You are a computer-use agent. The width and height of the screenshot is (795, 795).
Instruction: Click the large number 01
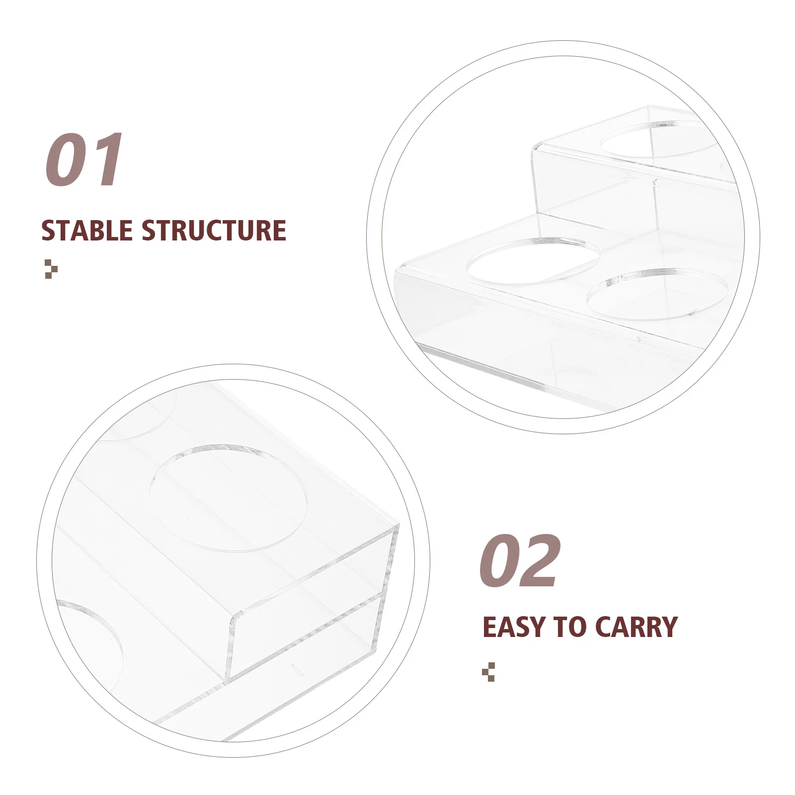pyautogui.click(x=84, y=160)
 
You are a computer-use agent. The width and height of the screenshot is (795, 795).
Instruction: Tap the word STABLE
pyautogui.click(x=87, y=231)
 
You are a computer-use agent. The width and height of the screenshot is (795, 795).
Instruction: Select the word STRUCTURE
pyautogui.click(x=214, y=231)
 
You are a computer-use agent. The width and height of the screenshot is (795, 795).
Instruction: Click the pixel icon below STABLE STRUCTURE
pyautogui.click(x=51, y=269)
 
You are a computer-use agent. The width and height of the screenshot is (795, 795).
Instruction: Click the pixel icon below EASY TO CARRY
pyautogui.click(x=488, y=672)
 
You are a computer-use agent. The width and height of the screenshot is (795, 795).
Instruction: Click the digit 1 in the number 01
pyautogui.click(x=107, y=160)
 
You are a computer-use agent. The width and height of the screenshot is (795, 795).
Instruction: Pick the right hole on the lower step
pyautogui.click(x=657, y=294)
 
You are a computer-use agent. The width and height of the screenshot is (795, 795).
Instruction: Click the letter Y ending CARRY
pyautogui.click(x=668, y=627)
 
